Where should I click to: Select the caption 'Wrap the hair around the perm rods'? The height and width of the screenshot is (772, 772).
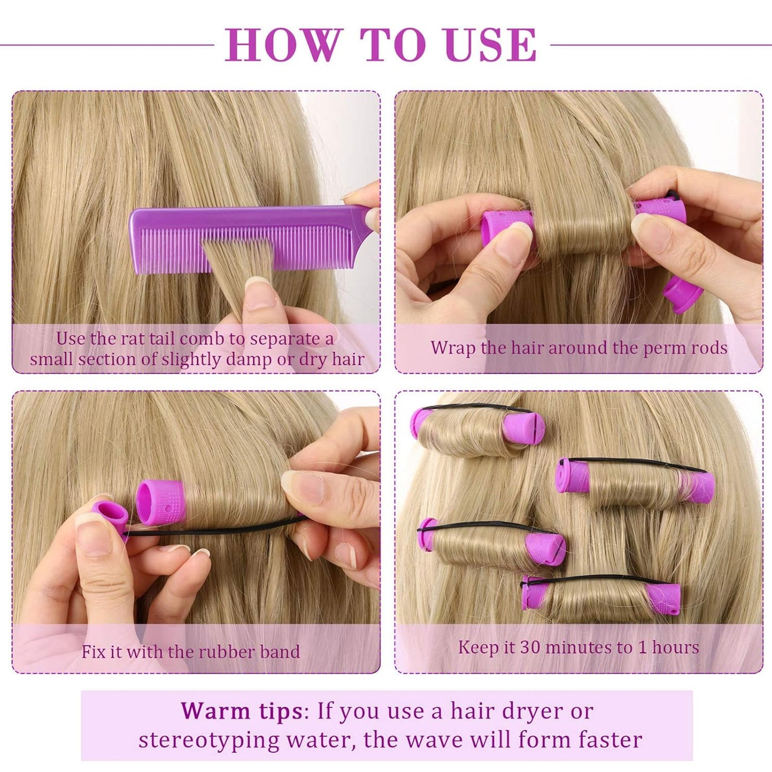579,348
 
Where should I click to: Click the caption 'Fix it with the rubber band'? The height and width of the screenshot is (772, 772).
191,652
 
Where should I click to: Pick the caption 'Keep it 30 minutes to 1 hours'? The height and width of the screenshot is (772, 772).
579,648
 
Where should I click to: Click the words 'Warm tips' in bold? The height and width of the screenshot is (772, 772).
240,711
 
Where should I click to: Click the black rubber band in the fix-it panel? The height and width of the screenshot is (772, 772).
214,529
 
